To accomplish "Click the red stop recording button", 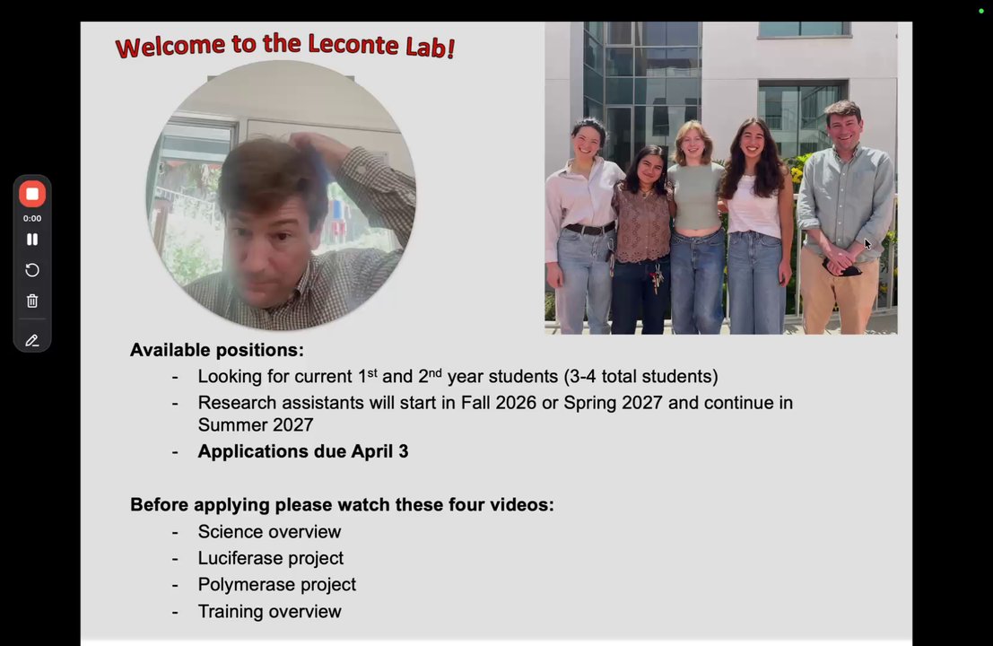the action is [x=32, y=194].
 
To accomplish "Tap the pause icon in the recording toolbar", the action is [x=32, y=240].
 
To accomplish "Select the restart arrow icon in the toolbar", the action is [x=32, y=270].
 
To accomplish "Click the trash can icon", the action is [x=32, y=301].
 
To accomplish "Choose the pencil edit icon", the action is [x=32, y=341].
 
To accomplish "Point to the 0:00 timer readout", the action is [x=32, y=219].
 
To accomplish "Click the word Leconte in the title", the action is [x=353, y=44].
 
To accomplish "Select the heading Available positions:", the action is [x=216, y=350].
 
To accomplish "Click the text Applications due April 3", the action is [x=302, y=451].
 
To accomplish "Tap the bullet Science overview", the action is [x=269, y=531].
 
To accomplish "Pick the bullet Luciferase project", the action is [x=270, y=558].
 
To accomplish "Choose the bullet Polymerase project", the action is [x=277, y=585].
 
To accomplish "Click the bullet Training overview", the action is [x=269, y=611].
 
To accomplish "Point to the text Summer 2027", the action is [x=256, y=424].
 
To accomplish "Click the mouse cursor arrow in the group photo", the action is [x=867, y=244].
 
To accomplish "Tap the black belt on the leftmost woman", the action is [x=589, y=228].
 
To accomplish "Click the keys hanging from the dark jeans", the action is [x=657, y=279].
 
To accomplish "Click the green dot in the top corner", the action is [x=981, y=11].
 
